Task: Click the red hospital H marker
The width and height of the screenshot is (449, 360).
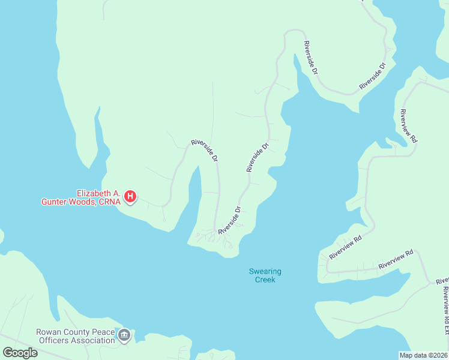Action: click(130, 196)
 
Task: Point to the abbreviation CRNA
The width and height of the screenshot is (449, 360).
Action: click(109, 202)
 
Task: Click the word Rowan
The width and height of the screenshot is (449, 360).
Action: click(49, 331)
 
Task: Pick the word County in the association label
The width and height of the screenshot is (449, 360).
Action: click(77, 331)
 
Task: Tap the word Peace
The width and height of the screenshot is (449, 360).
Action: click(104, 331)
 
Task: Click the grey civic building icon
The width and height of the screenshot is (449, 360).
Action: click(124, 335)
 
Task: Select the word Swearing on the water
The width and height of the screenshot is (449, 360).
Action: click(265, 271)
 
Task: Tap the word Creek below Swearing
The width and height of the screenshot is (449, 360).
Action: click(265, 280)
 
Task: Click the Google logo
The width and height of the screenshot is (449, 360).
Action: click(20, 352)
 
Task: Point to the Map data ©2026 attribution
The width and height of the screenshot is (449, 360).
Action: click(423, 355)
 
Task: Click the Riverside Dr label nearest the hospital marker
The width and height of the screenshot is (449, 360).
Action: click(205, 151)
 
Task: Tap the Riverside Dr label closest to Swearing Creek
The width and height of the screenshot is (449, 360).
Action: click(230, 221)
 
